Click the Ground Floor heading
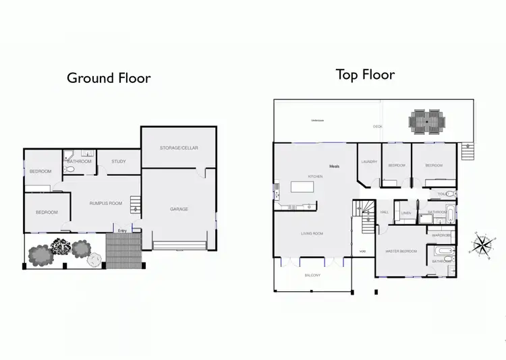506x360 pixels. pyautogui.click(x=109, y=78)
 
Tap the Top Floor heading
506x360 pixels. pyautogui.click(x=365, y=74)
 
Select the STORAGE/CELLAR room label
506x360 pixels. pyautogui.click(x=179, y=148)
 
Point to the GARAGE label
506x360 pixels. pyautogui.click(x=179, y=209)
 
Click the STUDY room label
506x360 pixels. pyautogui.click(x=119, y=161)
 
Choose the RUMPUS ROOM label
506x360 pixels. pyautogui.click(x=106, y=203)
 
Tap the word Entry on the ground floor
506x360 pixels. pyautogui.click(x=122, y=231)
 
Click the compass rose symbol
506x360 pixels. pyautogui.click(x=483, y=245)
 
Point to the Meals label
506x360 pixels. pyautogui.click(x=334, y=166)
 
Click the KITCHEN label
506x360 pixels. pyautogui.click(x=316, y=177)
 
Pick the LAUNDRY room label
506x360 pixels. pyautogui.click(x=368, y=162)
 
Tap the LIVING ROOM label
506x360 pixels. pyautogui.click(x=312, y=234)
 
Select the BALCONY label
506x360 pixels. pyautogui.click(x=312, y=275)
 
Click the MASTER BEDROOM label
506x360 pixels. pyautogui.click(x=401, y=251)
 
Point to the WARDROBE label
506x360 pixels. pyautogui.click(x=441, y=235)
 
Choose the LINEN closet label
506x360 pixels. pyautogui.click(x=406, y=213)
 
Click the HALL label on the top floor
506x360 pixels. pyautogui.click(x=385, y=212)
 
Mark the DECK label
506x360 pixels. pyautogui.click(x=378, y=126)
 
